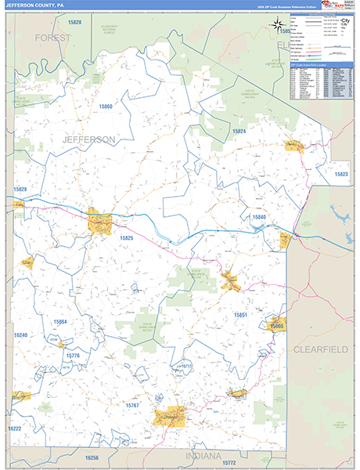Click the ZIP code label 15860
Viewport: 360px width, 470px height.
click(x=106, y=106)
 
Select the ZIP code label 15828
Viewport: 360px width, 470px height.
click(x=74, y=23)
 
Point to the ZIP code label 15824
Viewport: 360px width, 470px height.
click(x=238, y=131)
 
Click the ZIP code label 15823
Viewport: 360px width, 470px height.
click(x=341, y=174)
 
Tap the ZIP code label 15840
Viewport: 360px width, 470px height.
click(x=259, y=216)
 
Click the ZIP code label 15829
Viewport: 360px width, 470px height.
click(x=20, y=190)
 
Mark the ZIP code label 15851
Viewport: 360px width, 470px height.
click(x=241, y=315)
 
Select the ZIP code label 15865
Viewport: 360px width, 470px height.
click(x=277, y=325)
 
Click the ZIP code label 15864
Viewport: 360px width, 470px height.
click(x=60, y=322)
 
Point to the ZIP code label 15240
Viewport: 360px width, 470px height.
click(x=20, y=335)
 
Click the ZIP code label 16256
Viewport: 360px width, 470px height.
click(x=92, y=457)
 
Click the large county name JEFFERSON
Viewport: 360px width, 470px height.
click(x=88, y=139)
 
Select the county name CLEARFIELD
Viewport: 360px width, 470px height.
click(x=321, y=348)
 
